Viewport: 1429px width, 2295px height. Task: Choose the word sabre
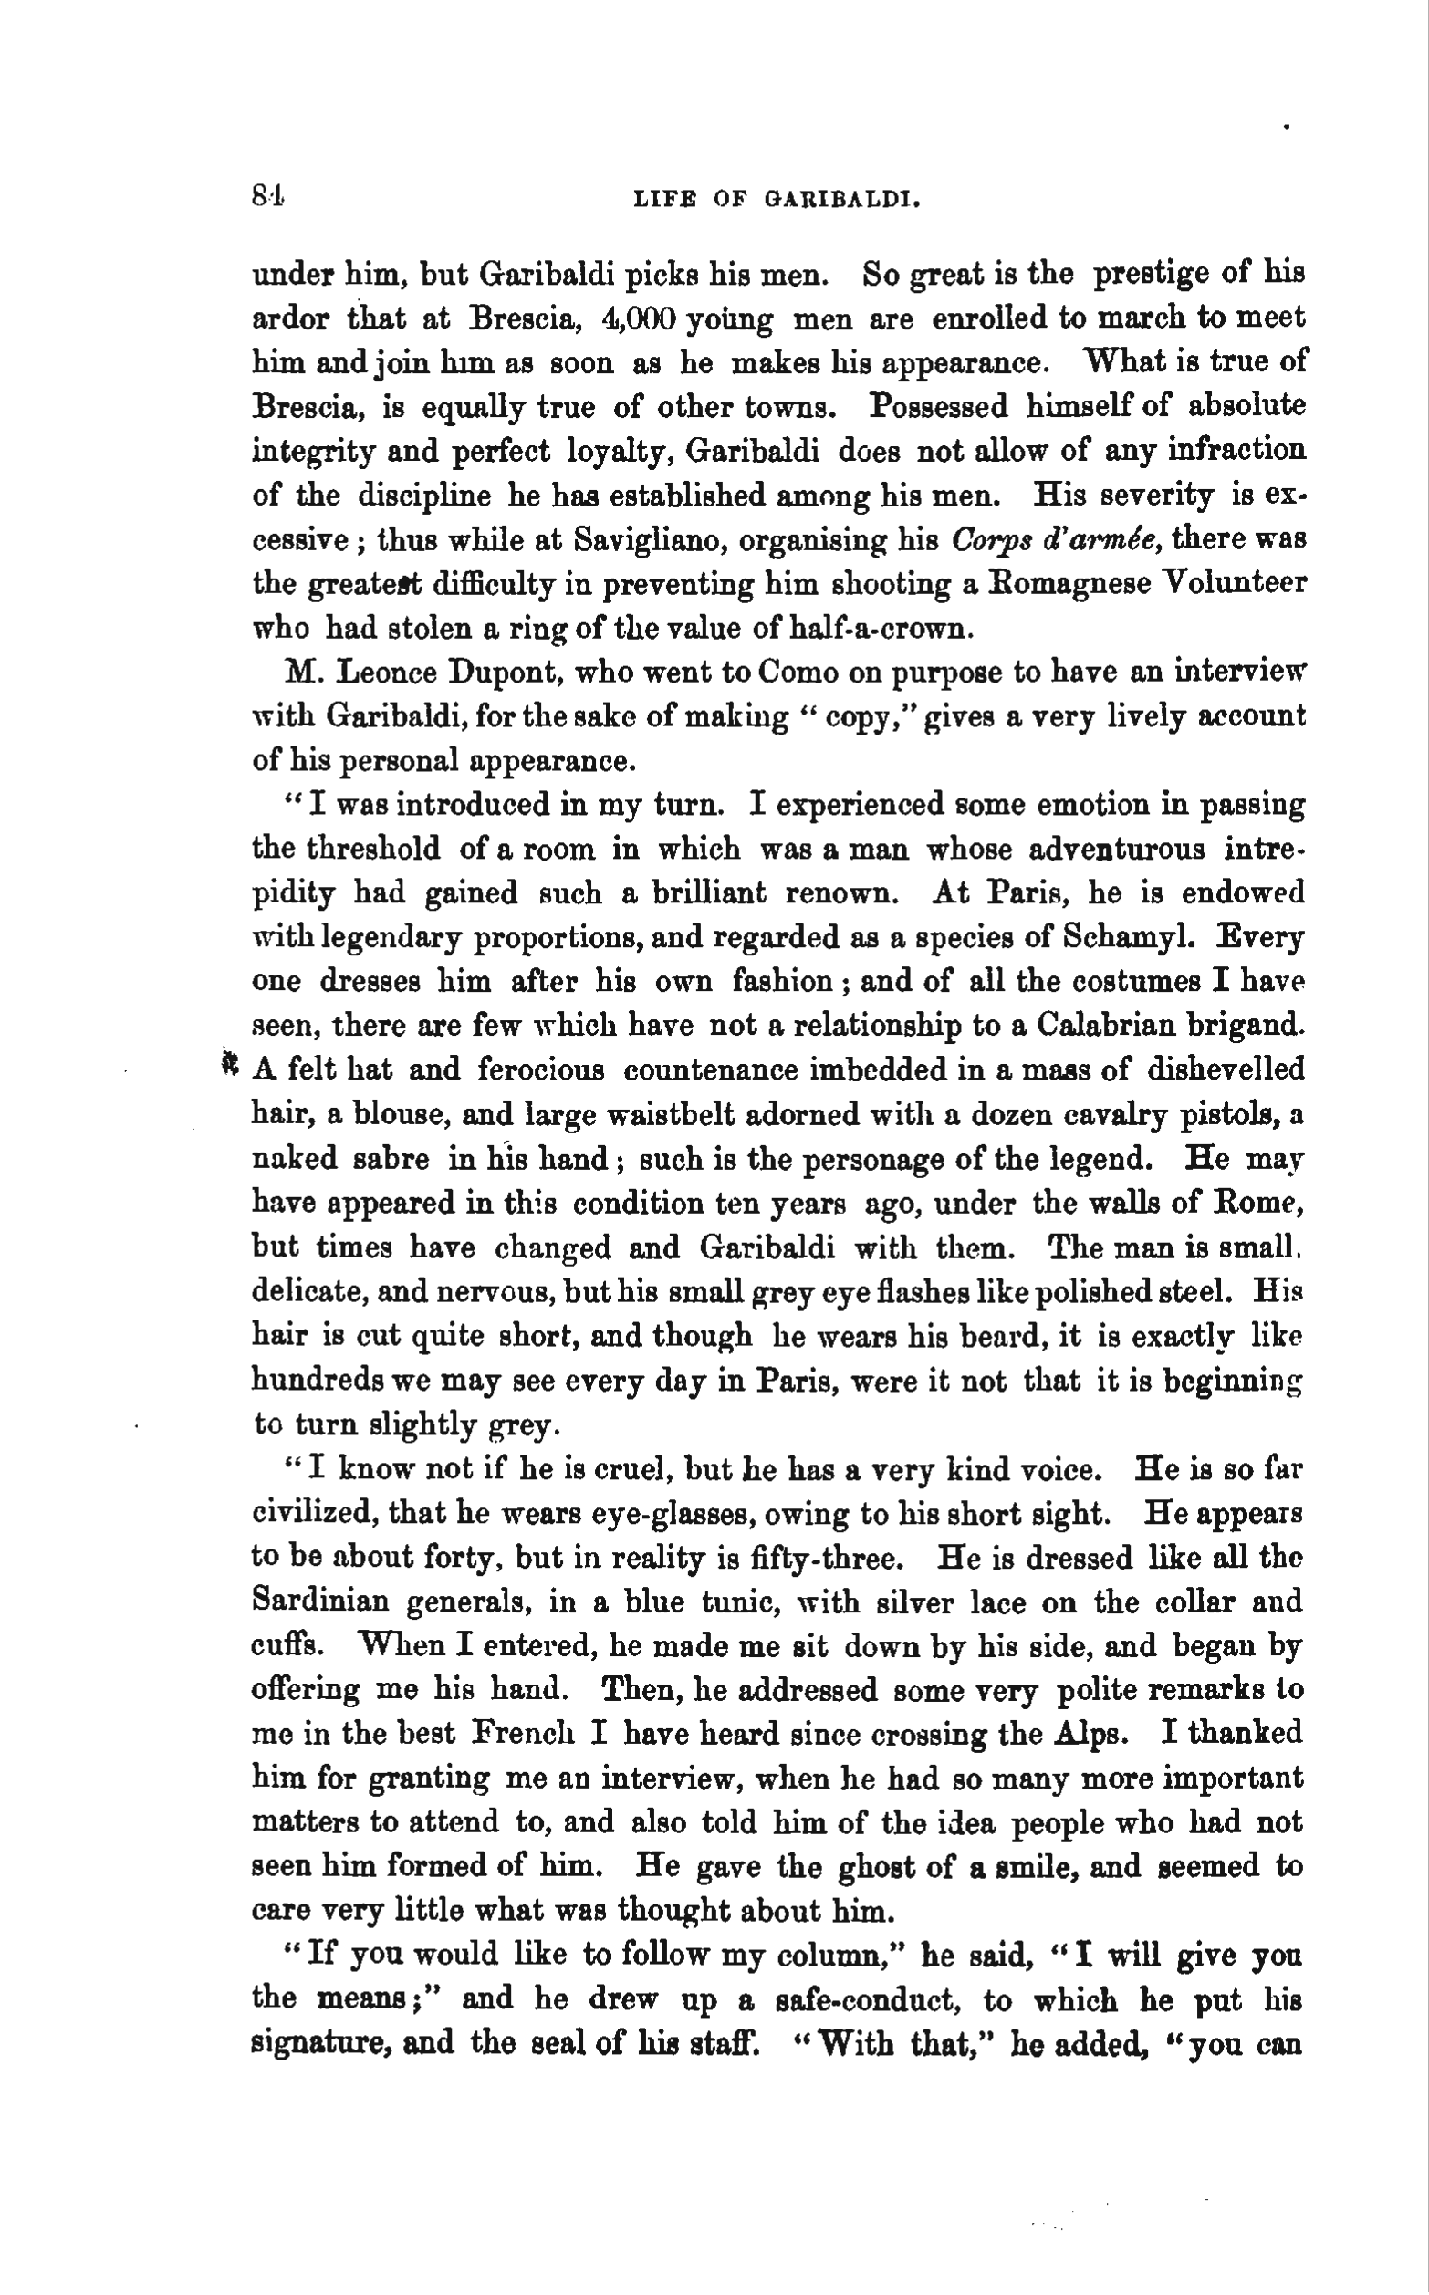coord(391,1159)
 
